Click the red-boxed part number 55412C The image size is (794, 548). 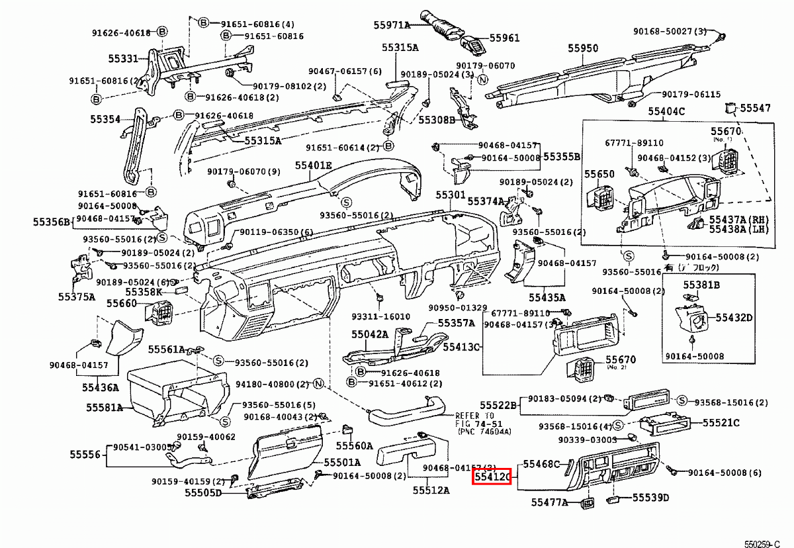point(490,476)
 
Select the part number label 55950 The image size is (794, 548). point(582,48)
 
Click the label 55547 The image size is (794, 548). point(755,108)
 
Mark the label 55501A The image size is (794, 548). point(342,462)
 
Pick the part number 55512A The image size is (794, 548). point(431,490)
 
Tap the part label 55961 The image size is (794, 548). point(504,38)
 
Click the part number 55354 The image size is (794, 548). point(105,120)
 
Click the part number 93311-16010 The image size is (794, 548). point(380,316)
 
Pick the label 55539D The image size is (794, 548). point(650,498)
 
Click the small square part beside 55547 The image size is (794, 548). point(730,108)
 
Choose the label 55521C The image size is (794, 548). point(721,422)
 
